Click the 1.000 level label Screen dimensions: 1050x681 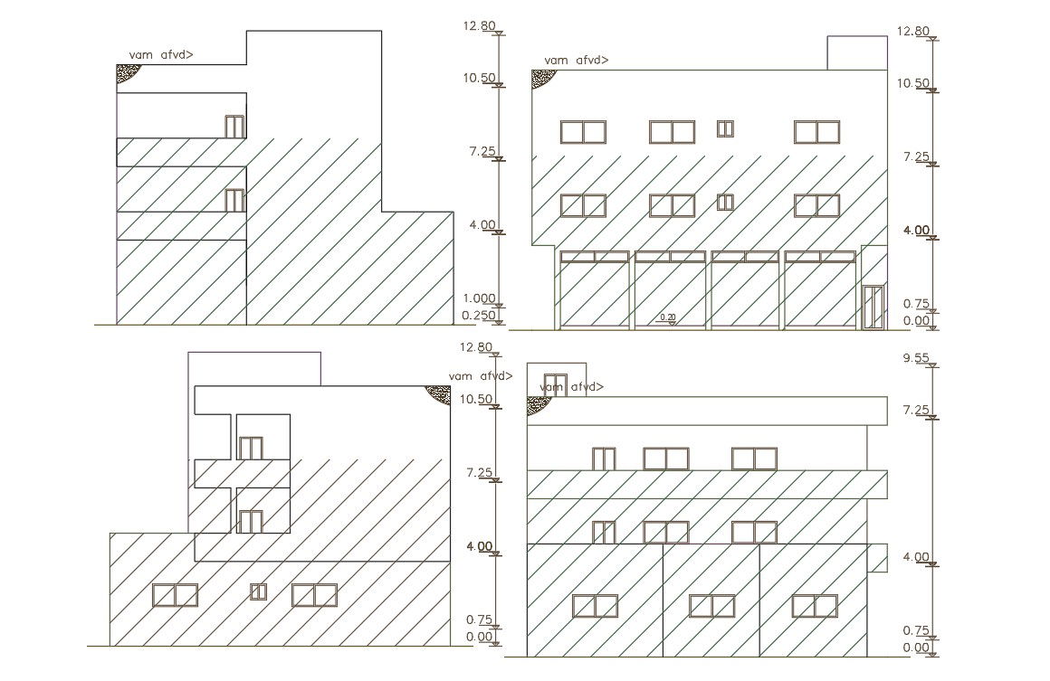point(478,298)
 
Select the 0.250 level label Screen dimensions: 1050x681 point(478,316)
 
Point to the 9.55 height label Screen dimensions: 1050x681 point(916,358)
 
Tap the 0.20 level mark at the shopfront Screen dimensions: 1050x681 point(668,317)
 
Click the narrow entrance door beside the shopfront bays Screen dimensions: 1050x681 point(873,307)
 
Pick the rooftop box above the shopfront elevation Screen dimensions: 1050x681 point(857,52)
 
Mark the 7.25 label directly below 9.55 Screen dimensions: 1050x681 point(916,411)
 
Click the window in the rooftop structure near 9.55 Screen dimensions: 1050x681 point(555,383)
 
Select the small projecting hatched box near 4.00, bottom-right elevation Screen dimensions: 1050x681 point(877,557)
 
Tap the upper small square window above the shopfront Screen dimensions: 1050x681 point(725,128)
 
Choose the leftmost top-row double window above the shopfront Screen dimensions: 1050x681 point(583,132)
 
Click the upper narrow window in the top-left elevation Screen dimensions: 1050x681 point(234,127)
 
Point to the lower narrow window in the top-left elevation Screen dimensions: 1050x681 point(234,200)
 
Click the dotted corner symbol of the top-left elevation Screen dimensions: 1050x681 point(126,72)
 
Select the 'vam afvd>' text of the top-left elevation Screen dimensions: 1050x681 point(161,55)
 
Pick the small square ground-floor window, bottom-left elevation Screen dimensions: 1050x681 point(259,591)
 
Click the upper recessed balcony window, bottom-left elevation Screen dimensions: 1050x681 point(250,448)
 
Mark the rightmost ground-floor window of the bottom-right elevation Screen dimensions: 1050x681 point(815,606)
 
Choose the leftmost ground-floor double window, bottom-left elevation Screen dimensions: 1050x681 point(175,595)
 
